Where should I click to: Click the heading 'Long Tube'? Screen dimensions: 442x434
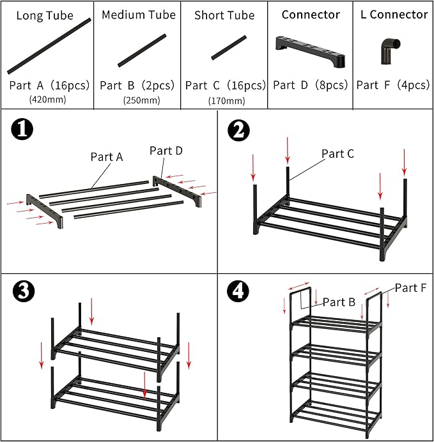click(45, 15)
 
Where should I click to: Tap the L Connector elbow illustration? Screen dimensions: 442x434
click(388, 50)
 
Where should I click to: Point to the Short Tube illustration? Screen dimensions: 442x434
click(228, 48)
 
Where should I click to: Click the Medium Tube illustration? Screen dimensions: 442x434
click(141, 51)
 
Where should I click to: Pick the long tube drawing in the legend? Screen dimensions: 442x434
click(49, 46)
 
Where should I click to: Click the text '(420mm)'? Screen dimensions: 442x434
click(48, 100)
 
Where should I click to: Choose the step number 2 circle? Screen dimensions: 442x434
click(238, 130)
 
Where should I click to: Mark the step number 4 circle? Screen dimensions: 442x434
click(238, 291)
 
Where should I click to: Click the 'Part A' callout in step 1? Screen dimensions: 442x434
click(106, 156)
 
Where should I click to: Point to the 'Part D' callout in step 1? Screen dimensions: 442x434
click(166, 151)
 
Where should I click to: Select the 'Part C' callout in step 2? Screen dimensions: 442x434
click(337, 154)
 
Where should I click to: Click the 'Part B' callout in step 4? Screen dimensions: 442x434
click(339, 302)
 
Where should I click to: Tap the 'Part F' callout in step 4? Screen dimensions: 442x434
click(410, 288)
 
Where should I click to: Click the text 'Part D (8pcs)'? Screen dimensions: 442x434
click(311, 85)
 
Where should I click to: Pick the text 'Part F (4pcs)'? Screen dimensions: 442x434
click(393, 85)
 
